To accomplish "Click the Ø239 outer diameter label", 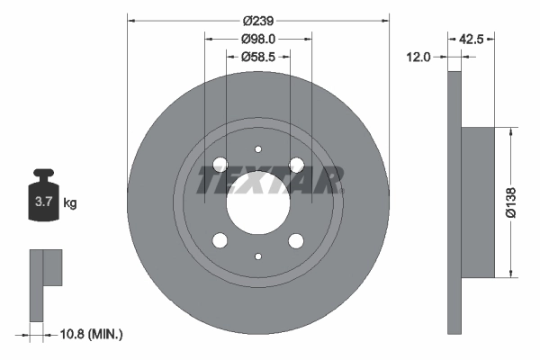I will point(258,21).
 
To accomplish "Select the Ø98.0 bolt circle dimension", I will point(258,39).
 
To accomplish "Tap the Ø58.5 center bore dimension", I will point(258,57).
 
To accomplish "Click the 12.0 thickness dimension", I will point(419,57).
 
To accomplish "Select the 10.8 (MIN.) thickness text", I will point(90,334).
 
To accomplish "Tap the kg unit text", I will point(71,203).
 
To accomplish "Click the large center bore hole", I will point(258,202).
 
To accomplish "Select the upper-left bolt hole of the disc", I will point(220,164).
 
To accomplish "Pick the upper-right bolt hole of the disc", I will point(296,164).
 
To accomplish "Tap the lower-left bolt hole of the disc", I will point(220,240).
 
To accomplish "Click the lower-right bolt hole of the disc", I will point(296,240).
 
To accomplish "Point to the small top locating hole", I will point(258,149).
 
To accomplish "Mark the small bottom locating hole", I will point(258,256).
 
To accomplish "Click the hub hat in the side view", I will point(478,202).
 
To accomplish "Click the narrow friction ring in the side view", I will point(454,202).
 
